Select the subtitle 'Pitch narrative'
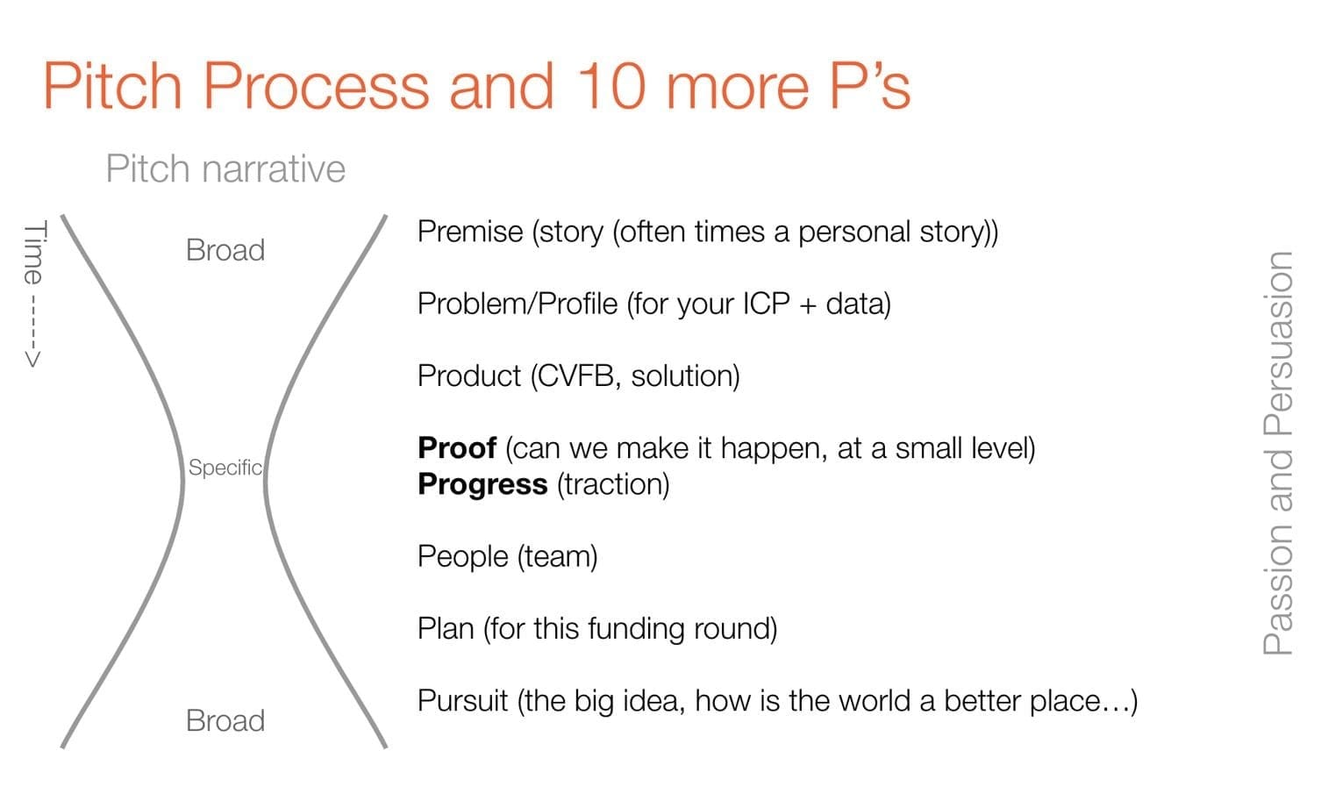[x=225, y=169]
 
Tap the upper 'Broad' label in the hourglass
[x=225, y=250]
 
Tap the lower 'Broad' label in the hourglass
[x=225, y=721]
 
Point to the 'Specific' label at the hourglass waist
[x=225, y=468]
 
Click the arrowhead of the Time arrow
[x=32, y=359]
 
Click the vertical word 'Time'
[x=35, y=253]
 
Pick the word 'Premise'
[x=470, y=232]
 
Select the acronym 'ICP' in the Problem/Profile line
[x=766, y=304]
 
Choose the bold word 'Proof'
[x=457, y=447]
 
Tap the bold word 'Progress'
[x=482, y=485]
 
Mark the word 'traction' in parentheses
[x=613, y=485]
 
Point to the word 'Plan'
[x=446, y=629]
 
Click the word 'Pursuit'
[x=462, y=701]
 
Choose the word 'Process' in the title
[x=316, y=86]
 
